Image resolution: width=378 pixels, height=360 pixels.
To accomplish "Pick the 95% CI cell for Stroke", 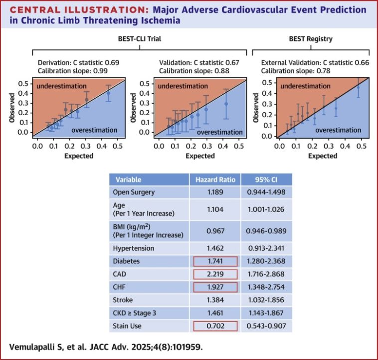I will click(x=266, y=300).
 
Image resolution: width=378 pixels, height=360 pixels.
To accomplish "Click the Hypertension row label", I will click(x=134, y=248).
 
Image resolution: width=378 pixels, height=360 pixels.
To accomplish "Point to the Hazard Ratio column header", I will click(x=214, y=180).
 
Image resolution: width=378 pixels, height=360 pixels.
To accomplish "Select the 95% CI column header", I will click(x=266, y=180).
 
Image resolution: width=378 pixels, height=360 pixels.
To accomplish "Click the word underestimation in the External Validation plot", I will click(x=298, y=86).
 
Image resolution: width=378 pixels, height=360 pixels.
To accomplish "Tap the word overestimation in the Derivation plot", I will click(x=94, y=130).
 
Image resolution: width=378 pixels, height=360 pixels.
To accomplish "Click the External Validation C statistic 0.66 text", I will click(x=311, y=62).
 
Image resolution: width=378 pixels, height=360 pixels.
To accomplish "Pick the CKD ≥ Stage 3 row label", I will click(x=135, y=313).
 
